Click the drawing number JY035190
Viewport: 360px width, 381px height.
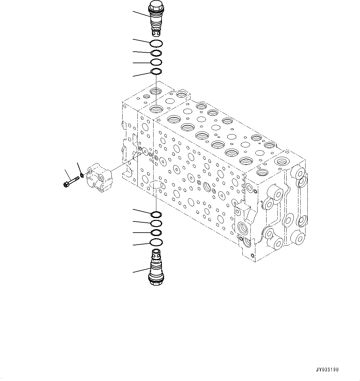pos(327,370)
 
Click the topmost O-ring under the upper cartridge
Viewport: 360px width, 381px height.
pos(156,43)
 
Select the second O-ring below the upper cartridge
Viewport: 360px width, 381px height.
pos(156,53)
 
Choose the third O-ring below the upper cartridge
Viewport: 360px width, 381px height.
pos(156,62)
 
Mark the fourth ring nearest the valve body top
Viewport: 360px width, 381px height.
pos(156,72)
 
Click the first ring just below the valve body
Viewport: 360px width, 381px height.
pos(156,214)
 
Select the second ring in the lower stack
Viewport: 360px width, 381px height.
pos(156,223)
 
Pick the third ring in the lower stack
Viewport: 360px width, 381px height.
pos(156,233)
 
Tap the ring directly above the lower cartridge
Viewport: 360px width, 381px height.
pos(156,242)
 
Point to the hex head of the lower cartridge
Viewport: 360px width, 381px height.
pos(156,282)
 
